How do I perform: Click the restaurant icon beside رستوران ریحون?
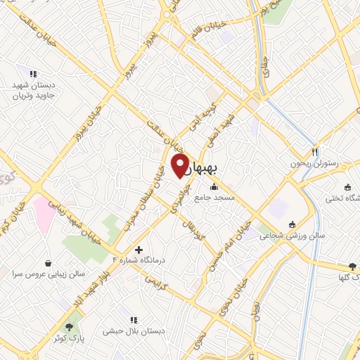(x=315, y=152)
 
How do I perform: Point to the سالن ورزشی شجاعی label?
(x=292, y=236)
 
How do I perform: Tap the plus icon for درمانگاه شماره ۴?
(x=139, y=250)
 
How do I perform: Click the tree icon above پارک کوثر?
(x=69, y=327)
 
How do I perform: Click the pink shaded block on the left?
(x=42, y=214)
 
